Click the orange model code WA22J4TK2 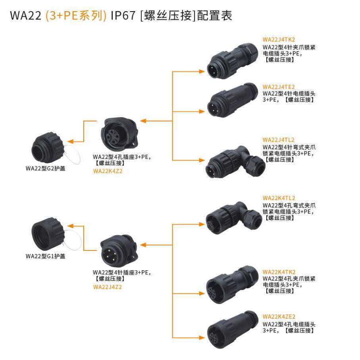[279, 40]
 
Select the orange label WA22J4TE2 [279, 87]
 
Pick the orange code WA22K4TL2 [279, 198]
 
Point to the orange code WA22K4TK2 [279, 272]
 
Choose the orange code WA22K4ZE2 [279, 317]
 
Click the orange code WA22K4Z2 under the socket [107, 171]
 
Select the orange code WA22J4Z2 [107, 287]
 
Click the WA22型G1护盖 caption [45, 256]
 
